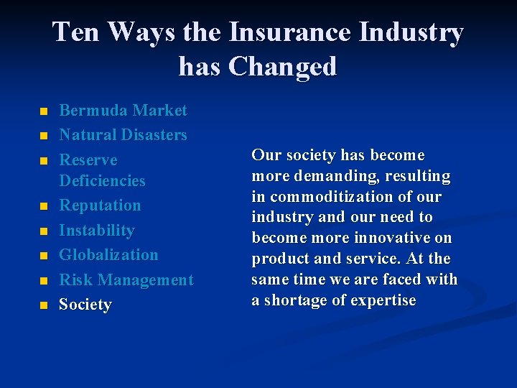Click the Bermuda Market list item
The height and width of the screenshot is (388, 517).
tap(123, 111)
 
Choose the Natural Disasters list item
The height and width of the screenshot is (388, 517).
tap(123, 135)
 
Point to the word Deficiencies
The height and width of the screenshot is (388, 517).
tap(102, 180)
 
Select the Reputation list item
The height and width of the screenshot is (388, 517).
tap(100, 205)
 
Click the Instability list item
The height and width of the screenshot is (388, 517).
tap(96, 231)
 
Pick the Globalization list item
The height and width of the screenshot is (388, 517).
tap(108, 255)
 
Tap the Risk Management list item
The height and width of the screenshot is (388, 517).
tap(126, 280)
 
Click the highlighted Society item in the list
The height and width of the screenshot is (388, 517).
tap(85, 305)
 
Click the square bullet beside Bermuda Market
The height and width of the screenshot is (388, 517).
tap(44, 112)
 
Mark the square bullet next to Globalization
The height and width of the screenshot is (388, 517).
tap(44, 256)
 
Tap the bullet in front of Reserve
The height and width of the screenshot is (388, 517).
tap(44, 160)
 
